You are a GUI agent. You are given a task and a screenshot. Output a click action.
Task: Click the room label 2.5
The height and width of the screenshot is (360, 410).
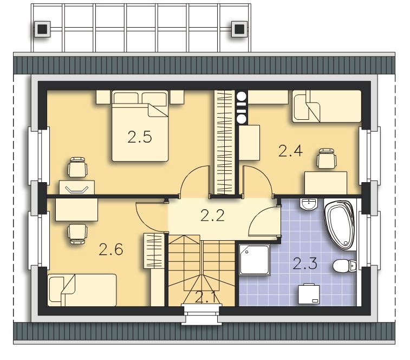140,137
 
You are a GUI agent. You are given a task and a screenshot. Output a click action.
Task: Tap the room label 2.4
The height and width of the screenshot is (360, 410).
290,151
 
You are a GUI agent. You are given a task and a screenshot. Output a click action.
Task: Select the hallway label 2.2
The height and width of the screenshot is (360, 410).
212,216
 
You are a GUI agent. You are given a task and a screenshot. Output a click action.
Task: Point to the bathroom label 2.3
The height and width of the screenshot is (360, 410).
305,263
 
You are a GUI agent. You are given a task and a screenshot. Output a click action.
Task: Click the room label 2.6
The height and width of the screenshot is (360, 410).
111,249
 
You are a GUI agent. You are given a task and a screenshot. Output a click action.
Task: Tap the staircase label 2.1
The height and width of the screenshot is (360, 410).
205,298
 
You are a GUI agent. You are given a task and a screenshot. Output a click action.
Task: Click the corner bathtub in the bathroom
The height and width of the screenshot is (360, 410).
340,225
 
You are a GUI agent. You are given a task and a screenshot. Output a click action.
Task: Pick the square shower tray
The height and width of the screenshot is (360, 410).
255,260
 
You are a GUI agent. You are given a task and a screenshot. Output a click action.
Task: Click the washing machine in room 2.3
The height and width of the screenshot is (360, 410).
309,294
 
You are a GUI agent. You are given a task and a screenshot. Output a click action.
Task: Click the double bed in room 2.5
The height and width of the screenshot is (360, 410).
140,126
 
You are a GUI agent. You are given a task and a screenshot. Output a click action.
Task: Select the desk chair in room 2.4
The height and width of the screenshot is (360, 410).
326,158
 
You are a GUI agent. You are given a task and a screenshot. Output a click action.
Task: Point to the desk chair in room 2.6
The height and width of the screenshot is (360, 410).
77,234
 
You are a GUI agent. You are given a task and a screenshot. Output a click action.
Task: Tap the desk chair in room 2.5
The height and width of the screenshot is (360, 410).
77,167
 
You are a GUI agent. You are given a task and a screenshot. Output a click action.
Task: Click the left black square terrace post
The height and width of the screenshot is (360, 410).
42,29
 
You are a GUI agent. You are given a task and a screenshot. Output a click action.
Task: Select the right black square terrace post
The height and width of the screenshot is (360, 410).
239,29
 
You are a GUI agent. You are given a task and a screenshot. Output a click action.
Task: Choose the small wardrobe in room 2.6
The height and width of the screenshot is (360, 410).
154,251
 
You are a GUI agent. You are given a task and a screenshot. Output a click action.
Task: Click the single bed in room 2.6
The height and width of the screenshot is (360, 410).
82,290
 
